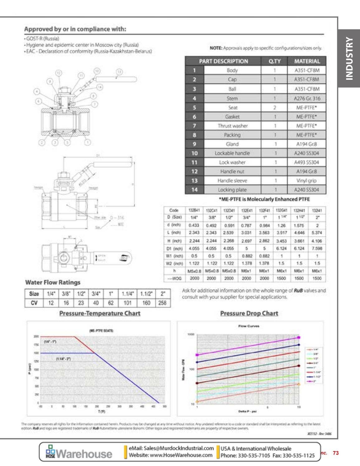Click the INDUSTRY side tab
point(349,59)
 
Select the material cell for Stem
point(307,98)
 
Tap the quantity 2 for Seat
point(274,107)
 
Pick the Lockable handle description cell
point(232,153)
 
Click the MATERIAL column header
point(307,61)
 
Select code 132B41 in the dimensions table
point(194,211)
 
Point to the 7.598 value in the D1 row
point(317,249)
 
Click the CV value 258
point(162,303)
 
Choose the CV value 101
point(127,303)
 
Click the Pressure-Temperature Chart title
point(100,313)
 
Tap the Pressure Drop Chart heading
point(249,313)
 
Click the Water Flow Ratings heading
point(53,283)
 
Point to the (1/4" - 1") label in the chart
point(50,342)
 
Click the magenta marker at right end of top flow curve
point(299,337)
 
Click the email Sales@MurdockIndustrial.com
point(171,448)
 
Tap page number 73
point(335,453)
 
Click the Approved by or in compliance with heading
point(75,29)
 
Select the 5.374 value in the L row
point(317,233)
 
